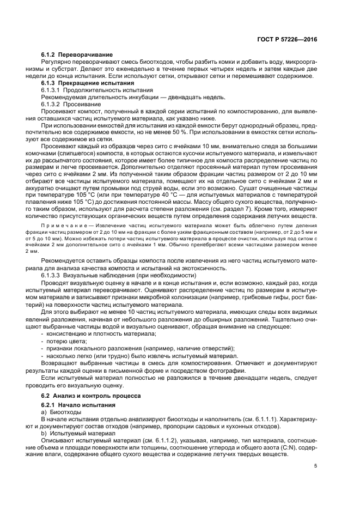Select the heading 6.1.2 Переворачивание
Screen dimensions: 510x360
pos(77,55)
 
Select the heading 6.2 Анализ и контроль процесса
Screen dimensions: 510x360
pos(91,395)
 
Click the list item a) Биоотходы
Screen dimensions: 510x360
pos(60,412)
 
